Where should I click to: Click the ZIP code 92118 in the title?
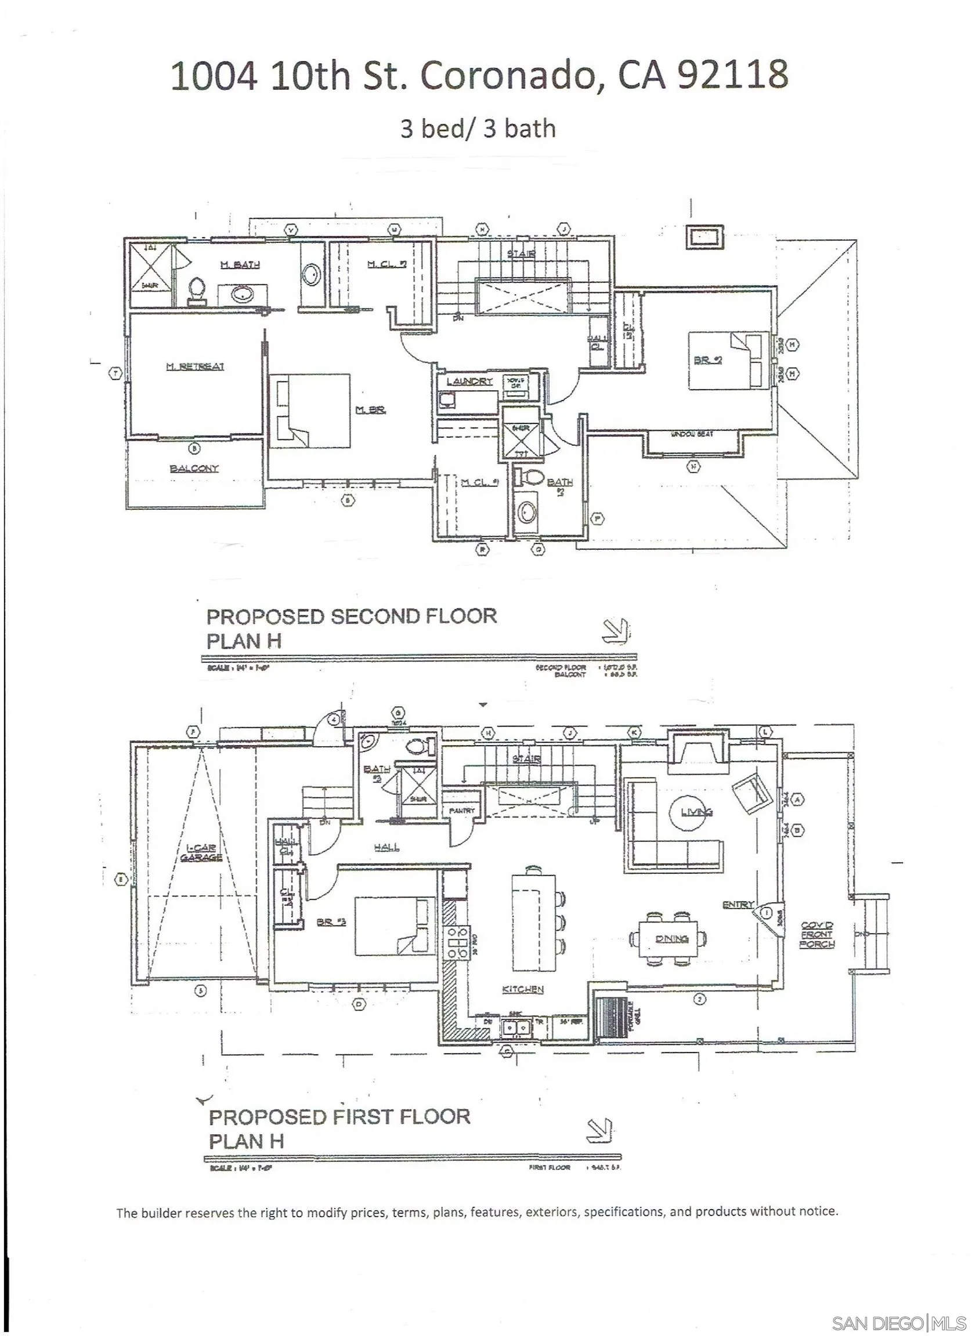(732, 75)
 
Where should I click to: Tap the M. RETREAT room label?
(194, 366)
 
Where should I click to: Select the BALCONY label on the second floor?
(194, 469)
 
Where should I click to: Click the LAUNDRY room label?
(469, 382)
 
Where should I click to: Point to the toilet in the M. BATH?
(197, 291)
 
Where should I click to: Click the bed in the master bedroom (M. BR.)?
(310, 410)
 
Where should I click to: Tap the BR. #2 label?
(707, 360)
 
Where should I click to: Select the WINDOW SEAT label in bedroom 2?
(693, 434)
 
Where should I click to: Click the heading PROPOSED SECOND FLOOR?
(351, 616)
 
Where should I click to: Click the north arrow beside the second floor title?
(615, 631)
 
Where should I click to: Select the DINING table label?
(672, 938)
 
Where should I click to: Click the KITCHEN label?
(523, 989)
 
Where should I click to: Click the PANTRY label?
(462, 811)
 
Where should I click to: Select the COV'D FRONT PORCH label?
(817, 934)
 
